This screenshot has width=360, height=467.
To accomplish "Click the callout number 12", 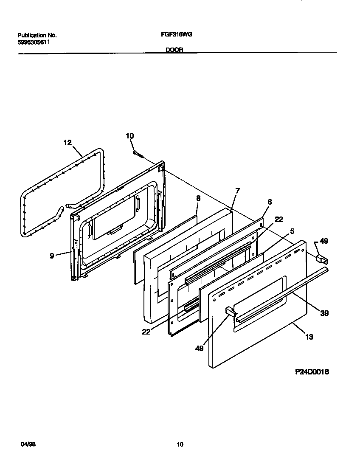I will [x=67, y=143].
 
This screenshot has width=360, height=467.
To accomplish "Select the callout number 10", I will [x=129, y=136].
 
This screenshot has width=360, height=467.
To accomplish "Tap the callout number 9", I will [x=52, y=256].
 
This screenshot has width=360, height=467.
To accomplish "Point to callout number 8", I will [x=198, y=198].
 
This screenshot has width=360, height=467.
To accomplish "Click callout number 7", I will [x=237, y=191].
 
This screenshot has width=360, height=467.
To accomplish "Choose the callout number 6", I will [x=270, y=202].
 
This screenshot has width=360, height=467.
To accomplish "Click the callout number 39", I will [x=325, y=313].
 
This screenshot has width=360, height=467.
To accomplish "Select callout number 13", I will [x=309, y=337].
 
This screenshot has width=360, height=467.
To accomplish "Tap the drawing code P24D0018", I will [x=312, y=372].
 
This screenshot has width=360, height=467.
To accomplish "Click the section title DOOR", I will [x=174, y=50].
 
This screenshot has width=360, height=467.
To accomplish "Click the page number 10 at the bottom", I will [x=180, y=444].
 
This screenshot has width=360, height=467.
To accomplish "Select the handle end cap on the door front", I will [x=230, y=312].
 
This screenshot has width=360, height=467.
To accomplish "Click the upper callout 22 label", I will [x=278, y=219].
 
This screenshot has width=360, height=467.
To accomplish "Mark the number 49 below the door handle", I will [x=199, y=348].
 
